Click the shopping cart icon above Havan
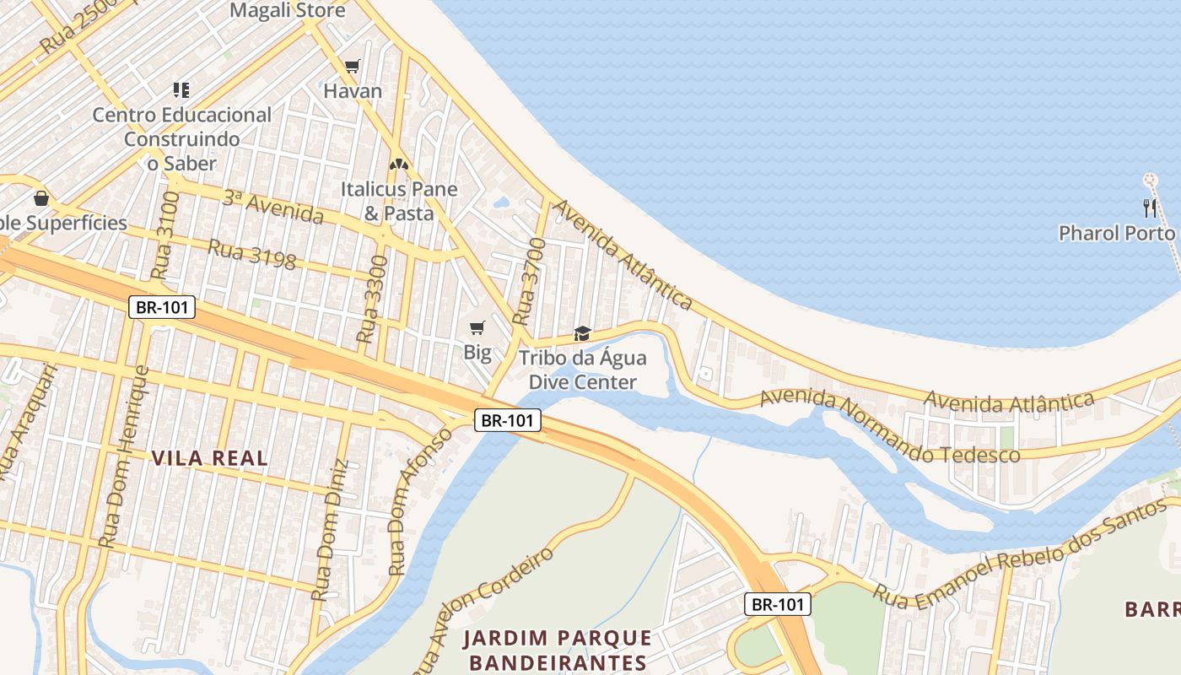click(353, 66)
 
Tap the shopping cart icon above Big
click(477, 327)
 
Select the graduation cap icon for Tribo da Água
click(582, 333)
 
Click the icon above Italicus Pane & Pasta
click(398, 164)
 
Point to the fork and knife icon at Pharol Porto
click(1149, 208)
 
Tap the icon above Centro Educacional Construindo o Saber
click(181, 89)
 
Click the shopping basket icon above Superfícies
click(40, 198)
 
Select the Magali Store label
click(288, 11)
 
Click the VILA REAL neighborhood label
click(210, 458)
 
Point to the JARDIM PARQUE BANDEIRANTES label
click(557, 650)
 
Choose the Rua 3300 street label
click(373, 300)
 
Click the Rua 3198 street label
click(251, 255)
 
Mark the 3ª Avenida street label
click(272, 208)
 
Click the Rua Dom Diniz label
click(330, 530)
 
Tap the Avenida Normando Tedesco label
click(890, 427)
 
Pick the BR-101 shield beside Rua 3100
click(162, 307)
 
